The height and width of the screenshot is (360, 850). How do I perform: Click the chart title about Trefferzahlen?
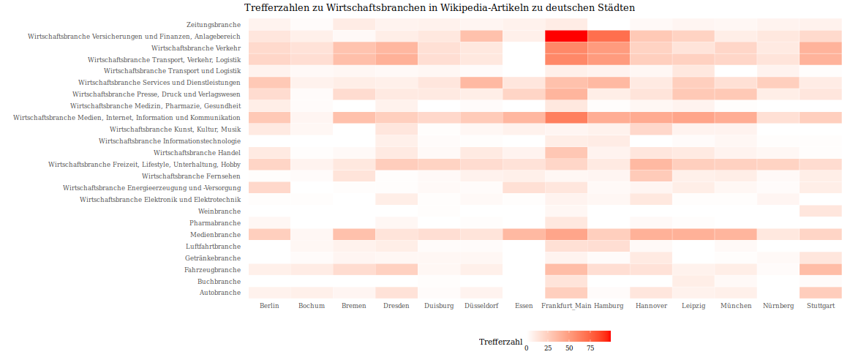click(x=440, y=7)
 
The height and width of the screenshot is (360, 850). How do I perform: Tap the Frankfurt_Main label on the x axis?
click(x=566, y=306)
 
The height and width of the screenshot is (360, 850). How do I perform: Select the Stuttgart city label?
click(x=820, y=306)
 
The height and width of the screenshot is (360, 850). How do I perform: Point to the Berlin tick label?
click(x=269, y=306)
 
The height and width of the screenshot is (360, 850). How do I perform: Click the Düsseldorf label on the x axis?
click(x=481, y=306)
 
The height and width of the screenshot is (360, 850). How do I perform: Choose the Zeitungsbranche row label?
click(x=203, y=24)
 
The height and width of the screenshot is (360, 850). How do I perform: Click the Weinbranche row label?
click(x=219, y=211)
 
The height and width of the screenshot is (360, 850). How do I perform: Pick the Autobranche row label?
click(x=220, y=293)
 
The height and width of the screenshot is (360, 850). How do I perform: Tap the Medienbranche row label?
click(x=216, y=235)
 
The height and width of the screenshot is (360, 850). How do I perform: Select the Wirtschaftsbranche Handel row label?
click(x=197, y=153)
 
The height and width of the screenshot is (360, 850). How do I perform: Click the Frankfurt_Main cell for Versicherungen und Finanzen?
click(x=566, y=36)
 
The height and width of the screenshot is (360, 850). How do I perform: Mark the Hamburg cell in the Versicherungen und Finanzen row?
click(x=609, y=36)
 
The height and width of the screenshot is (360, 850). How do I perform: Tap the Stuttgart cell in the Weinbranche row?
click(x=820, y=211)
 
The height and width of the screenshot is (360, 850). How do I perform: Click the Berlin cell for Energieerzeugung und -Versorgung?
click(x=269, y=188)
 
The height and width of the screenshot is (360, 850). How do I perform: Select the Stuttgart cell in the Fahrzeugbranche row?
click(x=820, y=270)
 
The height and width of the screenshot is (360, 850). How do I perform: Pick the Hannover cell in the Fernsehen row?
click(x=651, y=176)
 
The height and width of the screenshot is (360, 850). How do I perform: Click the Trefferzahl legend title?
click(x=500, y=342)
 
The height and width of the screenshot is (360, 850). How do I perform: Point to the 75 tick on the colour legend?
click(x=590, y=348)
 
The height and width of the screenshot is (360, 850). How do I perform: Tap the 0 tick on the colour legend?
click(x=527, y=348)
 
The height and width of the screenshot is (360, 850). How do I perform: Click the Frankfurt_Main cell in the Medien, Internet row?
click(x=566, y=118)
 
